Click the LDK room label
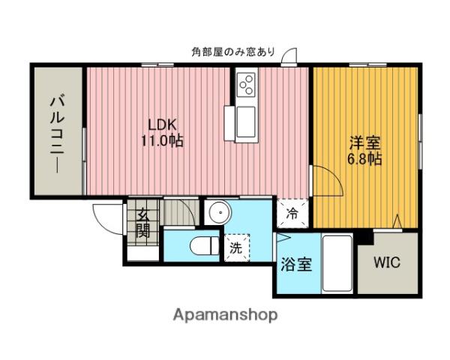coord(161,124)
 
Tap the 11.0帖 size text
coord(161,139)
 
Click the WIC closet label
coord(387,263)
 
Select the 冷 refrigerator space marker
coord(291,212)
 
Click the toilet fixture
coord(198,246)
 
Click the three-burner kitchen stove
coord(245,85)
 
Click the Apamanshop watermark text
coord(225,314)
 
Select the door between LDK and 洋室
coord(322,181)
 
